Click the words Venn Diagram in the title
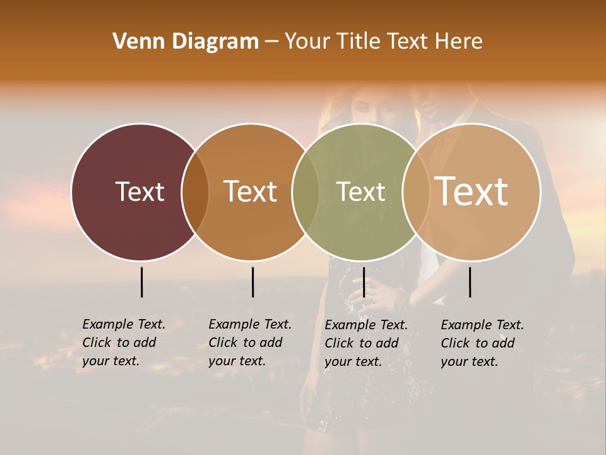coord(186,42)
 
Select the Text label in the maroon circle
coord(140,191)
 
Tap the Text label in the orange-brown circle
coord(251,191)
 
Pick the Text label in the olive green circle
coord(361,191)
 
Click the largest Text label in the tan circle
coord(472,191)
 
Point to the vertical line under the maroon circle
coord(141,282)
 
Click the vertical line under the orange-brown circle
coord(252,282)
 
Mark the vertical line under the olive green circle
coord(364,282)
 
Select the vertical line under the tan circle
coord(470,282)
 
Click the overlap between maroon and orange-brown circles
coord(195,191)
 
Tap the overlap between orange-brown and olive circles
coord(306,191)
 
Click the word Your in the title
coord(307,42)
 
